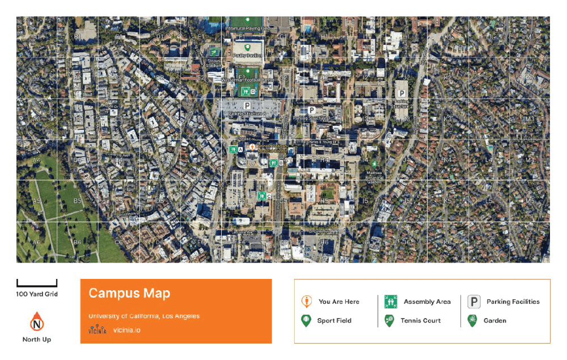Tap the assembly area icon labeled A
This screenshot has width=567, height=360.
pos(233,150)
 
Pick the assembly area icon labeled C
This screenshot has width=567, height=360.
pos(261,196)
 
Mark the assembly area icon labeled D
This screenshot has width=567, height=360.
pos(246,90)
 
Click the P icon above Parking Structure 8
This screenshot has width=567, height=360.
pos(247,105)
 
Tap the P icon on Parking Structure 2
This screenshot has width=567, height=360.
pos(401,92)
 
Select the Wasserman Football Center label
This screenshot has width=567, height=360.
pos(248,81)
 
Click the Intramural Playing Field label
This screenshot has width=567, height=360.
pos(247,28)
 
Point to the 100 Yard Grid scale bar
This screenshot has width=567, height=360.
pos(37,283)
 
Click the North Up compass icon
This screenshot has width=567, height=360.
pos(37,323)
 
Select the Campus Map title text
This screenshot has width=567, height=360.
pos(129,293)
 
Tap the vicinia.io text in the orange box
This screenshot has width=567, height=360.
pos(126,330)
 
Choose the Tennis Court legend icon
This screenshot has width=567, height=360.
pos(390,320)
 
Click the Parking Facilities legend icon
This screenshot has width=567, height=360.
pos(474,302)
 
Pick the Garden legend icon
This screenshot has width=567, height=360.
pos(472,320)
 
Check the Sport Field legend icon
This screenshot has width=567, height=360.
pos(306,320)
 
